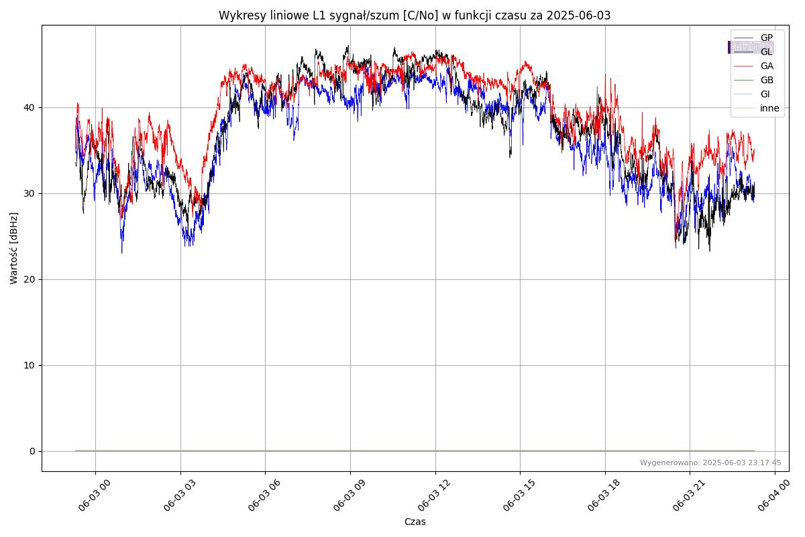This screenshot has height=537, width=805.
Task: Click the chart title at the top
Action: coord(415,15)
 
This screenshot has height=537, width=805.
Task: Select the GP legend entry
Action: coord(766,38)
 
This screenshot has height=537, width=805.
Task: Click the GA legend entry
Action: coord(766,66)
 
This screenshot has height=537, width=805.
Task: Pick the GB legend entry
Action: coord(766,80)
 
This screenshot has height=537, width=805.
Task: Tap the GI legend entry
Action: coord(765,94)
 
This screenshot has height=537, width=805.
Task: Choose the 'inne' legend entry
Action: coord(769,108)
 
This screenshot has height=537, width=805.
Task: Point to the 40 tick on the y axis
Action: coord(30,107)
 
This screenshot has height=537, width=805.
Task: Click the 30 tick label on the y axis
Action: coord(30,193)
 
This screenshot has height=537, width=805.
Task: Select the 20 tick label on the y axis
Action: coord(30,279)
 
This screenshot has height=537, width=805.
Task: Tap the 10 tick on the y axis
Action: coord(30,365)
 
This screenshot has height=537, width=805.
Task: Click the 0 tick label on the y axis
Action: coord(32,451)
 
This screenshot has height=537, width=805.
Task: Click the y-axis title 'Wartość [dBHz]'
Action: coord(14,248)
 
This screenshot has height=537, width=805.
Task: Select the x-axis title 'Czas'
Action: coord(415,522)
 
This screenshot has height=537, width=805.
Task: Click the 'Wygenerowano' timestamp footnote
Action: coord(710,462)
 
